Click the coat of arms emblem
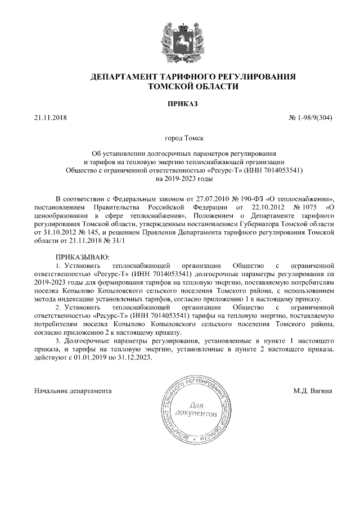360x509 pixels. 180,40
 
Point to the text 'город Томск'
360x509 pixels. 181,137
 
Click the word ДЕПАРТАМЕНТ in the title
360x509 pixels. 122,76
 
